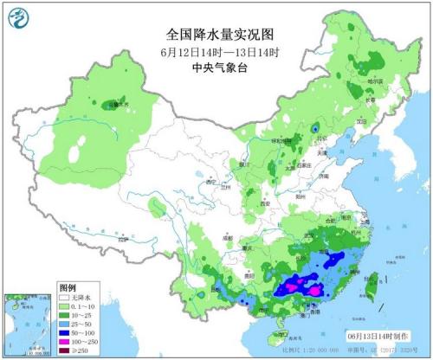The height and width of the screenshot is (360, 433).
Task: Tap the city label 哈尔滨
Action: tap(375, 80)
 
